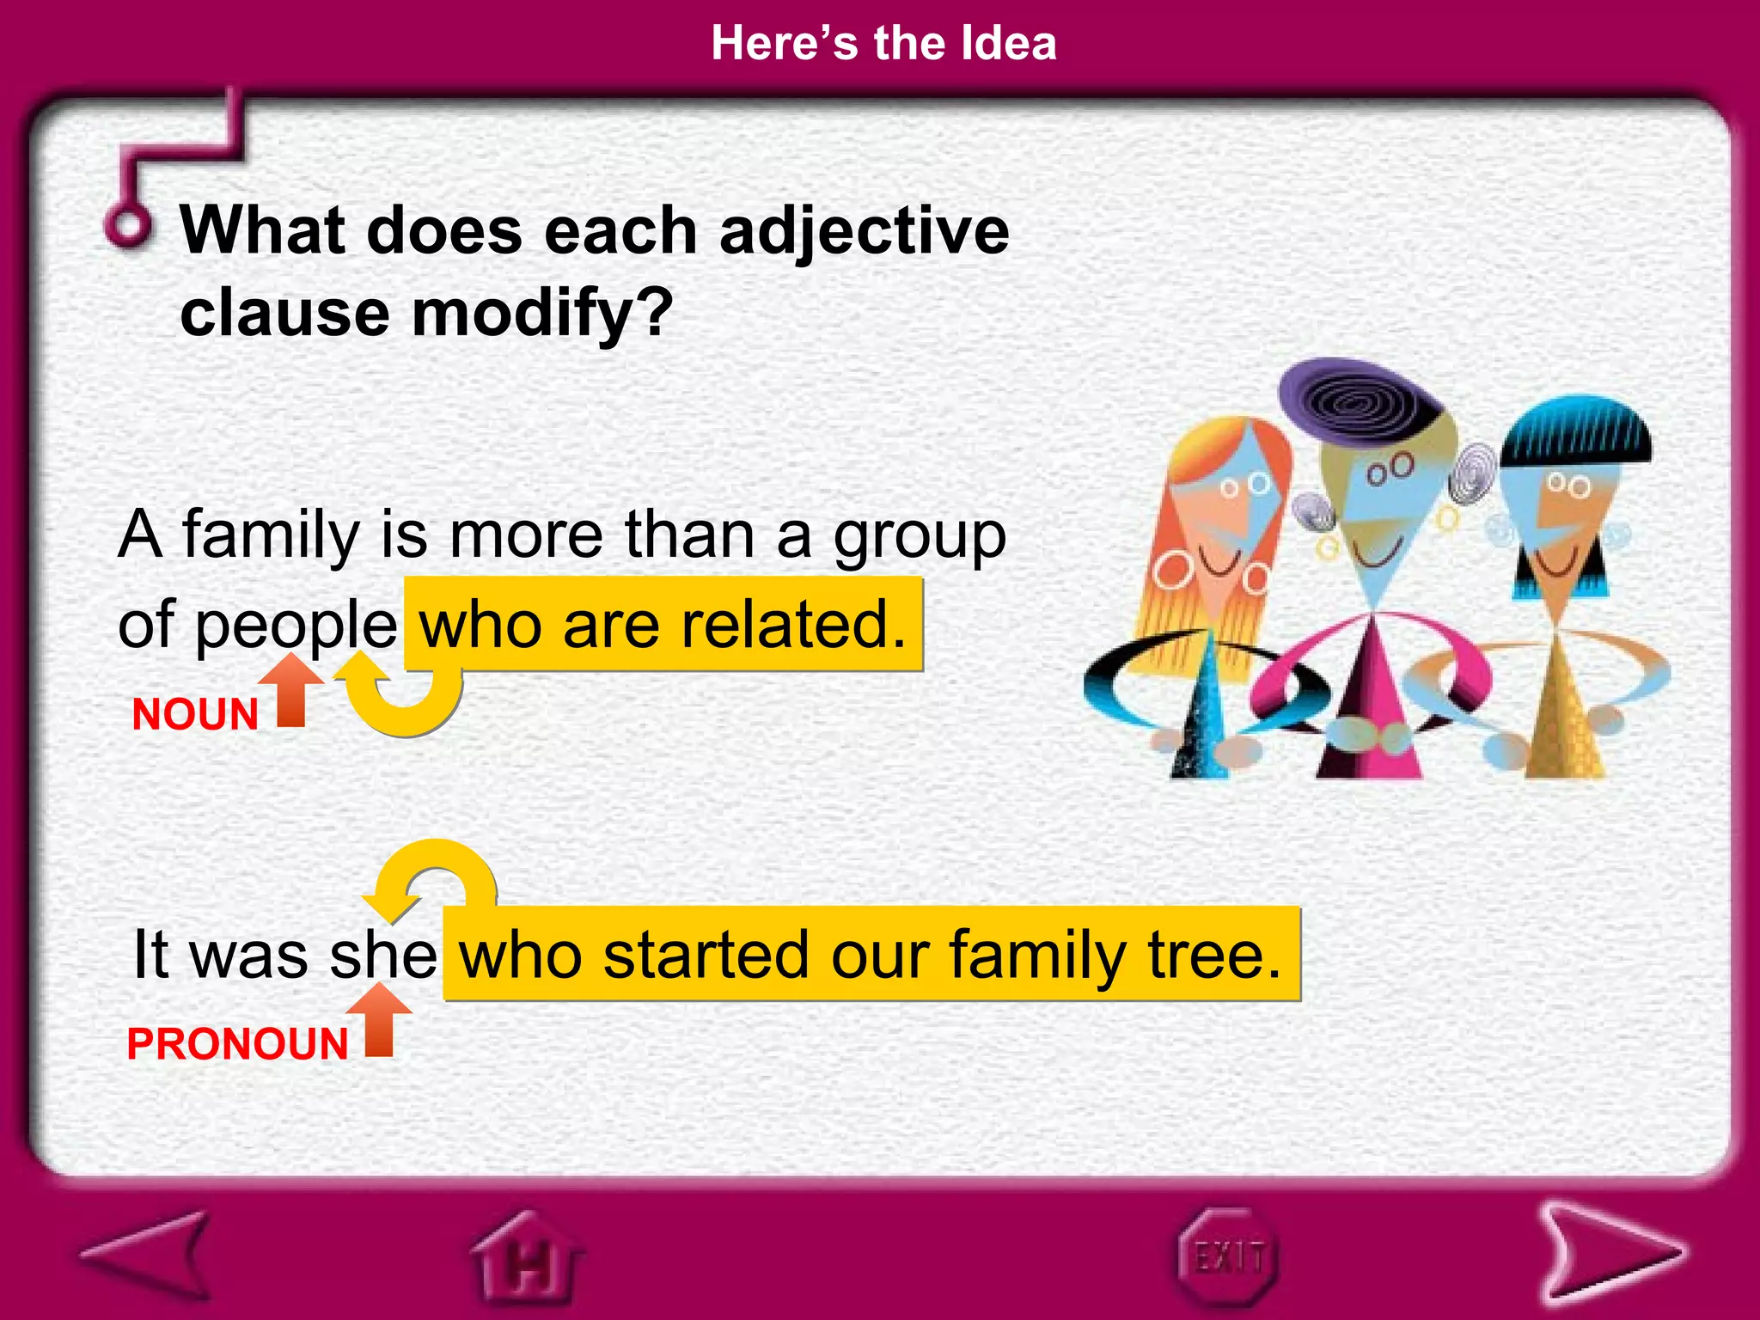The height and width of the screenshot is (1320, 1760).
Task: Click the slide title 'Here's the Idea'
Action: [x=883, y=43]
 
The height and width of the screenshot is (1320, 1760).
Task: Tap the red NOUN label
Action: [x=195, y=714]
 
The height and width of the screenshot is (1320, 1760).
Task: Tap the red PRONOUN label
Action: [x=237, y=1044]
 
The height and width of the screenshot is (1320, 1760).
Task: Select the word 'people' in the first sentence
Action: [x=296, y=626]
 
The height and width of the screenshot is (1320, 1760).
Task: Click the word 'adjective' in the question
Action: [x=864, y=232]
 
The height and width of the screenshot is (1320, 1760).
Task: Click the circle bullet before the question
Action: [x=130, y=226]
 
